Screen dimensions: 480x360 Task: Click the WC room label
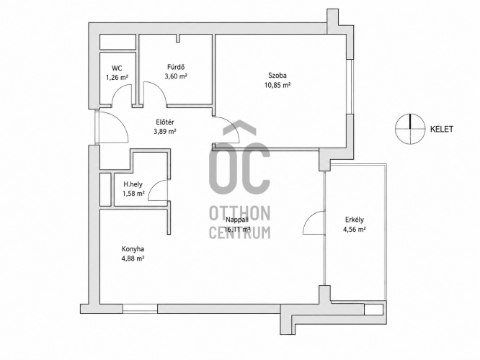pyautogui.click(x=117, y=68)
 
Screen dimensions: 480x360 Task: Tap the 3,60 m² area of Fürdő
pyautogui.click(x=176, y=76)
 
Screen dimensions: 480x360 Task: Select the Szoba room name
pyautogui.click(x=277, y=76)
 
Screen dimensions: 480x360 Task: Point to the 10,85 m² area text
pyautogui.click(x=277, y=85)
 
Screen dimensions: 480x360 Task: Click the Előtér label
pyautogui.click(x=165, y=122)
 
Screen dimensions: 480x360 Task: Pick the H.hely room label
pyautogui.click(x=133, y=184)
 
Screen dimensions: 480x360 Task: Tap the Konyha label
pyautogui.click(x=133, y=249)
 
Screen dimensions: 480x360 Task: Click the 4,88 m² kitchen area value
pyautogui.click(x=133, y=258)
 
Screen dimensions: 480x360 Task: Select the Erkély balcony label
pyautogui.click(x=355, y=220)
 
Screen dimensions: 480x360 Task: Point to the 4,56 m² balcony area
pyautogui.click(x=355, y=229)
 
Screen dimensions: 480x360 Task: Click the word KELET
pyautogui.click(x=442, y=129)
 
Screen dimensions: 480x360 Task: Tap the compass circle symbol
pyautogui.click(x=410, y=114)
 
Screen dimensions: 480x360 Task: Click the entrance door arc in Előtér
pyautogui.click(x=122, y=120)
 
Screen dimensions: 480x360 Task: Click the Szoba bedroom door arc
pyautogui.click(x=232, y=126)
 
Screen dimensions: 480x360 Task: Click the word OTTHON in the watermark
pyautogui.click(x=240, y=213)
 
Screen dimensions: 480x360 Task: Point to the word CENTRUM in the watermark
pyautogui.click(x=240, y=232)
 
